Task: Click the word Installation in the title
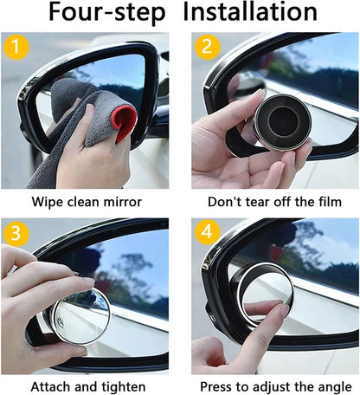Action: (x=250, y=13)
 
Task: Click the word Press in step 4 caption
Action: (x=217, y=386)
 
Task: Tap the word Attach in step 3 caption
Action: (x=50, y=386)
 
